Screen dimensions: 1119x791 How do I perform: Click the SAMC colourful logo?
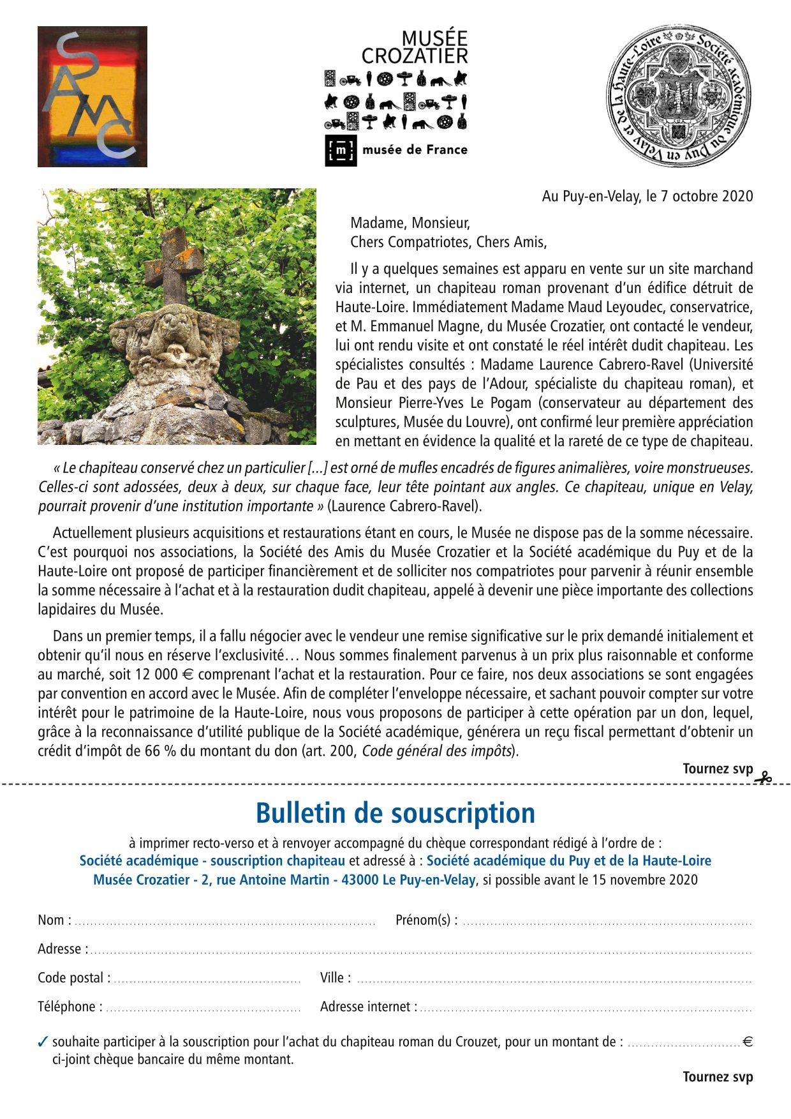pyautogui.click(x=92, y=96)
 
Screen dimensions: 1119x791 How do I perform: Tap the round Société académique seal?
pyautogui.click(x=678, y=96)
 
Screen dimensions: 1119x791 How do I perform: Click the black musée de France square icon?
pyautogui.click(x=341, y=151)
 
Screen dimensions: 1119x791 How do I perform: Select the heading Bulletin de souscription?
pyautogui.click(x=395, y=813)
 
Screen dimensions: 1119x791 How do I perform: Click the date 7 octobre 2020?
pyautogui.click(x=706, y=196)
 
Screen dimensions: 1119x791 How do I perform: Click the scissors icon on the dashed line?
pyautogui.click(x=764, y=777)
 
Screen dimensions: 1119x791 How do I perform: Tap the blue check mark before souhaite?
pyautogui.click(x=43, y=1042)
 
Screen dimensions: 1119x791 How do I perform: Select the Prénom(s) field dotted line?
pyautogui.click(x=607, y=923)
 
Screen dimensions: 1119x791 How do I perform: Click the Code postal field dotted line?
pyautogui.click(x=207, y=980)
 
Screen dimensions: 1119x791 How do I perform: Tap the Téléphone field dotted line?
pyautogui.click(x=203, y=1009)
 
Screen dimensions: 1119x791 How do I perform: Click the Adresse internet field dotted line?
pyautogui.click(x=586, y=1009)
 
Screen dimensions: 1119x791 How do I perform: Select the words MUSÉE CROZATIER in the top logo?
pyautogui.click(x=415, y=48)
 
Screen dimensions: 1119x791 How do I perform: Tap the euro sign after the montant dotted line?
pyautogui.click(x=748, y=1042)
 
